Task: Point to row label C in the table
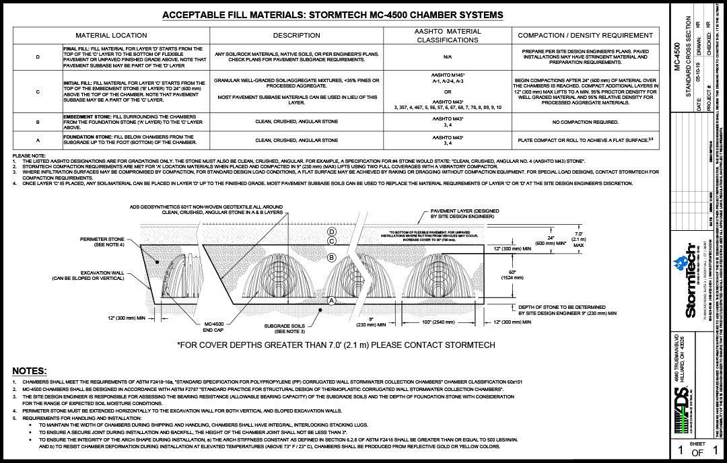(x=37, y=91)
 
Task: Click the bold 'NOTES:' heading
(x=30, y=371)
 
